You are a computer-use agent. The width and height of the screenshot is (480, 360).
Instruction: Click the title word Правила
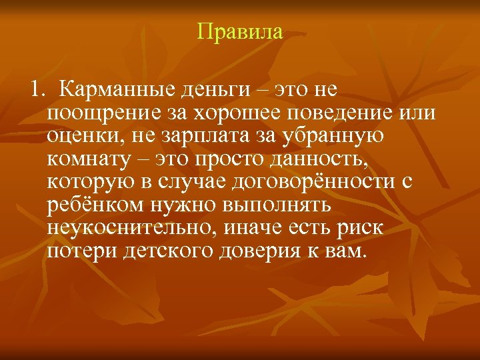[x=240, y=31]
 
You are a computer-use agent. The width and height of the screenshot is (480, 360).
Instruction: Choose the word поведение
[x=344, y=113]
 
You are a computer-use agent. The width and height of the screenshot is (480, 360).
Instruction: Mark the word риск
[x=359, y=229]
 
